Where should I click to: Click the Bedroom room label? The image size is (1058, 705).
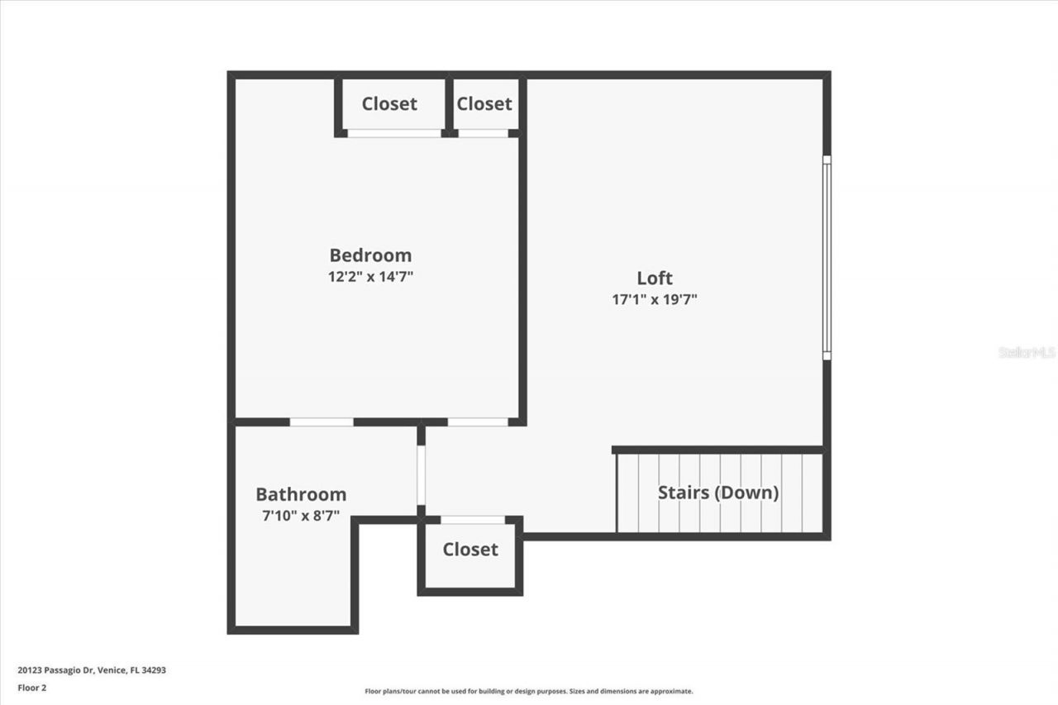pos(370,255)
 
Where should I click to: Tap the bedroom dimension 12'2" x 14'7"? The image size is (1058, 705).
pos(370,277)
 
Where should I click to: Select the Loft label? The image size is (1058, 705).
pos(655,279)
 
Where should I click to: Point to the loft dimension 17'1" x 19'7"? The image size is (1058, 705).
pos(655,300)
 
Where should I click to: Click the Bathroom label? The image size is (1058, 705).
pos(301,494)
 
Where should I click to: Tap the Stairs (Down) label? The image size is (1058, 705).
pos(718,493)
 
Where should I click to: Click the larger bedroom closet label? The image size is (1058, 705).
pos(389,104)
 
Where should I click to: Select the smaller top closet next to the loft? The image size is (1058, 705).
pos(484,104)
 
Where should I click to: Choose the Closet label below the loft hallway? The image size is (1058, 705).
pos(470,550)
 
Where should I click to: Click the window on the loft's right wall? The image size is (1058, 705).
pos(827,257)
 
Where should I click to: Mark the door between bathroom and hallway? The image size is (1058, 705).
pos(421,475)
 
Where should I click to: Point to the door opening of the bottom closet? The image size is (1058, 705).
pos(472,520)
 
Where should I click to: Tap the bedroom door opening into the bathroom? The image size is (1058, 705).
pos(322,422)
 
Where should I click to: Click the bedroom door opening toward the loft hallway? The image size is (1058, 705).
pos(478,422)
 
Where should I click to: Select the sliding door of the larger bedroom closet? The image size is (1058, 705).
pos(394,133)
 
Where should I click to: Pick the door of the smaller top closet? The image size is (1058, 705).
pos(484,133)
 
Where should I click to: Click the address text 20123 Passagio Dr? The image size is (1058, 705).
pos(92,670)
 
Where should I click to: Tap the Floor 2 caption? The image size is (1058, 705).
pos(31,687)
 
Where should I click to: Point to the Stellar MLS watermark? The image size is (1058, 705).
pos(1027,352)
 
